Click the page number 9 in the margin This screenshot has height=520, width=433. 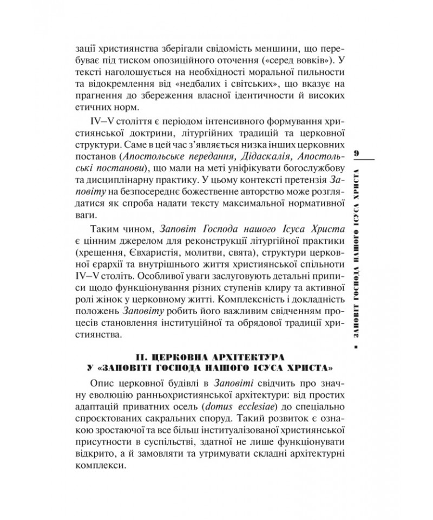tap(357, 153)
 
